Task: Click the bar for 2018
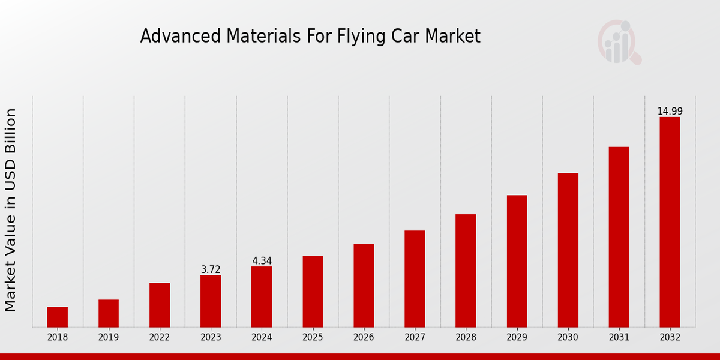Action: point(58,317)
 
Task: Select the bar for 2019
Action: point(109,313)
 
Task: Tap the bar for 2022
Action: point(160,305)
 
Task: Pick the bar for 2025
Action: point(313,292)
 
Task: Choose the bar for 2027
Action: point(415,279)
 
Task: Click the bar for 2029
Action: point(517,261)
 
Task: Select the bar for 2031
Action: point(619,237)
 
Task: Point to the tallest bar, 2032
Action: point(670,222)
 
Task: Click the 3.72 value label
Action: point(211,270)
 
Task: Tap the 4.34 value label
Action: point(262,261)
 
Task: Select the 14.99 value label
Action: point(670,112)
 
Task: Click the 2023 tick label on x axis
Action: point(211,337)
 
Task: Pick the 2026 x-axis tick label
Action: point(364,337)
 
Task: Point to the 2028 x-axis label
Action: point(466,337)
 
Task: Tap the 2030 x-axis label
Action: point(568,337)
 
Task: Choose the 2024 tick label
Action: point(262,337)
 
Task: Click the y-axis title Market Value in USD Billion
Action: point(11,210)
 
